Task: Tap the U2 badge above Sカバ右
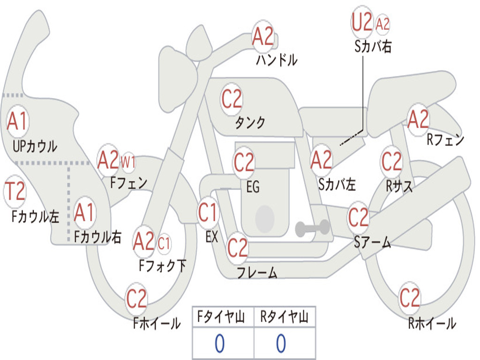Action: (362, 22)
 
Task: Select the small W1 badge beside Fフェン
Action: (128, 163)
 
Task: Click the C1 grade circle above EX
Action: (208, 213)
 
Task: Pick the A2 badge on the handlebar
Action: (262, 37)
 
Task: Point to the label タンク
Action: (250, 123)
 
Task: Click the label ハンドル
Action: (277, 60)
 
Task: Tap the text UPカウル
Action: (35, 146)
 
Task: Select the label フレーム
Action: (256, 273)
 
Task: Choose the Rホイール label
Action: (432, 323)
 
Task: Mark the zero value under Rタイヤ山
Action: (281, 344)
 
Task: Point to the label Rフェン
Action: (445, 140)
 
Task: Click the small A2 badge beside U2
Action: (382, 24)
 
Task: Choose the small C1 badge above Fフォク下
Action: (164, 243)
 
